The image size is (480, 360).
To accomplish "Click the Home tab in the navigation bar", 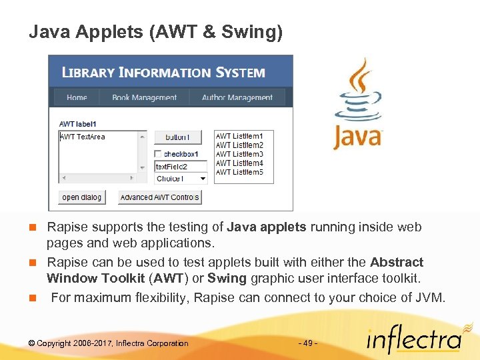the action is [x=77, y=97].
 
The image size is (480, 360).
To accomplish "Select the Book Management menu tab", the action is [x=144, y=97].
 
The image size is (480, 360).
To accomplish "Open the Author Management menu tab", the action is [x=237, y=97].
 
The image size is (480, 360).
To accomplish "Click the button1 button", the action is [x=177, y=137].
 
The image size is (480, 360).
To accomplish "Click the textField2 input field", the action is [x=181, y=166].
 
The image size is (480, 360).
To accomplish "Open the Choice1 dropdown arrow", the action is [x=202, y=179].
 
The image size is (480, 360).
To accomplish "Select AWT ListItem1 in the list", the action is [x=239, y=136].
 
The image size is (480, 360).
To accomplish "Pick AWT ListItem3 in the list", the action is [x=239, y=154].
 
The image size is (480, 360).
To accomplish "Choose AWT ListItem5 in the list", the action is [x=239, y=172].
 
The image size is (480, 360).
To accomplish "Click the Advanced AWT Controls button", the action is [x=159, y=197].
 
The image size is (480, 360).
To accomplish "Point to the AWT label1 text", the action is [x=78, y=124].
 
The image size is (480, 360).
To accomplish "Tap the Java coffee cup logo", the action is [x=358, y=103].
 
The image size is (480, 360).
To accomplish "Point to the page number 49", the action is [x=307, y=343].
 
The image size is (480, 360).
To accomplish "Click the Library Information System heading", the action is [x=163, y=72].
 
